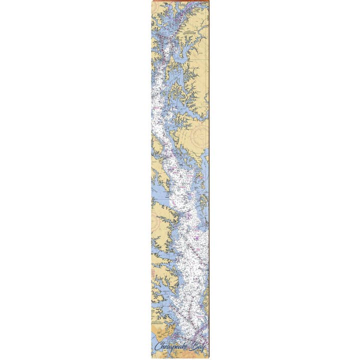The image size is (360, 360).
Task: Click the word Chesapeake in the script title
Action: pyautogui.click(x=171, y=346)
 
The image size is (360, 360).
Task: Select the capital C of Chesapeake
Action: pyautogui.click(x=157, y=346)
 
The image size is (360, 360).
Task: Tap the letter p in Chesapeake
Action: pyautogui.click(x=173, y=347)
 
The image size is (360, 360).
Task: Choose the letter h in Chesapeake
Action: pyautogui.click(x=162, y=346)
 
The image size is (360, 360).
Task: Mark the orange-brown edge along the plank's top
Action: pyautogui.click(x=180, y=2)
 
